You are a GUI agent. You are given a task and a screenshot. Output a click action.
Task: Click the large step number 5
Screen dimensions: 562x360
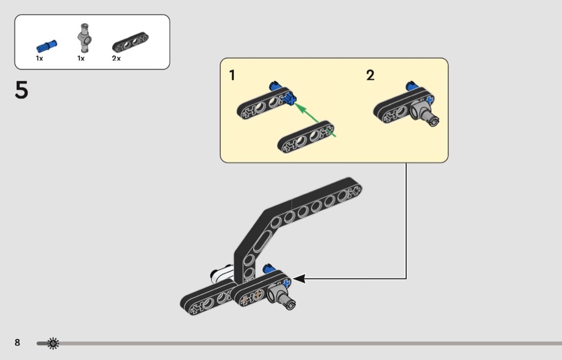tap(21, 90)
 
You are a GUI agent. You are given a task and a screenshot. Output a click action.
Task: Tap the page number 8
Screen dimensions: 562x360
tap(17, 342)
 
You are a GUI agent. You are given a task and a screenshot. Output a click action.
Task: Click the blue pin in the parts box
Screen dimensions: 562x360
tap(47, 46)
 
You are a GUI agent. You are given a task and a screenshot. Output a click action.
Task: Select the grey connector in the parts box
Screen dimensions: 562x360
tap(85, 38)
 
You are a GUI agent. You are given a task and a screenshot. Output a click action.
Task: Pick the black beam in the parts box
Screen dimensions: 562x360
tap(130, 42)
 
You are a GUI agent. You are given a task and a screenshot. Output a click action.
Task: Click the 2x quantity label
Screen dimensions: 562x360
tap(116, 58)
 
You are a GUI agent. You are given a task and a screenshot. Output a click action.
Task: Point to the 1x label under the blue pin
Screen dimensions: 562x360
tap(40, 58)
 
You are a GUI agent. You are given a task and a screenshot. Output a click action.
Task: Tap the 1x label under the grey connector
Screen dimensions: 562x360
tap(81, 58)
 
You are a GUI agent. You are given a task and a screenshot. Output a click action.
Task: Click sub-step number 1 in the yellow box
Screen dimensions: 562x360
tap(232, 75)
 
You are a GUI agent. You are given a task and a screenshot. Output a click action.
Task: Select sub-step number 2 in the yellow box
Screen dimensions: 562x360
tap(370, 75)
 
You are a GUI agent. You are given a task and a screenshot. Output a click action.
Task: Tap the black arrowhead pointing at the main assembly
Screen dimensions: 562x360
tap(299, 278)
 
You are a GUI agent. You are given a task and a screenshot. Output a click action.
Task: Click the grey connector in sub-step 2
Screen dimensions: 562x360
tap(425, 113)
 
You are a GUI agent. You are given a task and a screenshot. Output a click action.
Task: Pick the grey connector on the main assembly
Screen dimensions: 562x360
tap(281, 296)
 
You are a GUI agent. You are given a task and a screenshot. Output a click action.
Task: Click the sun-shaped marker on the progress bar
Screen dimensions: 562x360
tap(52, 343)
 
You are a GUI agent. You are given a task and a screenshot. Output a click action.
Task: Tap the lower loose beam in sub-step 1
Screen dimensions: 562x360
tap(306, 137)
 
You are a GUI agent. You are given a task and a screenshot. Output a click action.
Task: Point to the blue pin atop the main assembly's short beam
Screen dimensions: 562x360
tap(269, 269)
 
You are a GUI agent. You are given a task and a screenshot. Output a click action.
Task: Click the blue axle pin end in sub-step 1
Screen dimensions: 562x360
tap(290, 98)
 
